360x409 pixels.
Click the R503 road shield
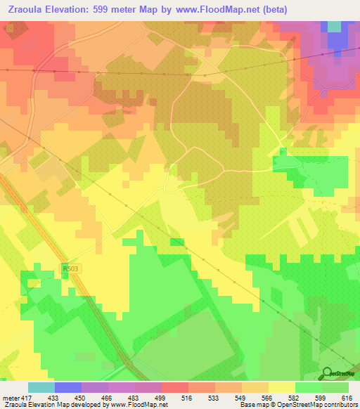click(x=69, y=268)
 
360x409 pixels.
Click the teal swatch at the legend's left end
click(x=41, y=387)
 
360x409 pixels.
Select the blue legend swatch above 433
click(x=67, y=387)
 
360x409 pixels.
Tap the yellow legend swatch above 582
click(x=281, y=387)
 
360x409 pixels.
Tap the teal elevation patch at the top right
click(x=333, y=26)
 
